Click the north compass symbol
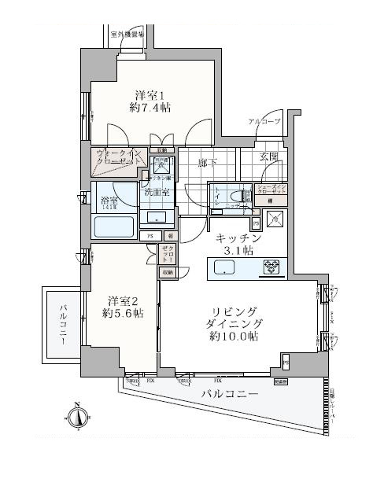pyautogui.click(x=77, y=417)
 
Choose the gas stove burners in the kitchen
pyautogui.click(x=270, y=268)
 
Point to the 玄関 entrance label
pyautogui.click(x=269, y=156)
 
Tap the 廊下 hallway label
pyautogui.click(x=208, y=163)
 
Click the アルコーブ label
pyautogui.click(x=264, y=122)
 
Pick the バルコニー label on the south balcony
pyautogui.click(x=229, y=393)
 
